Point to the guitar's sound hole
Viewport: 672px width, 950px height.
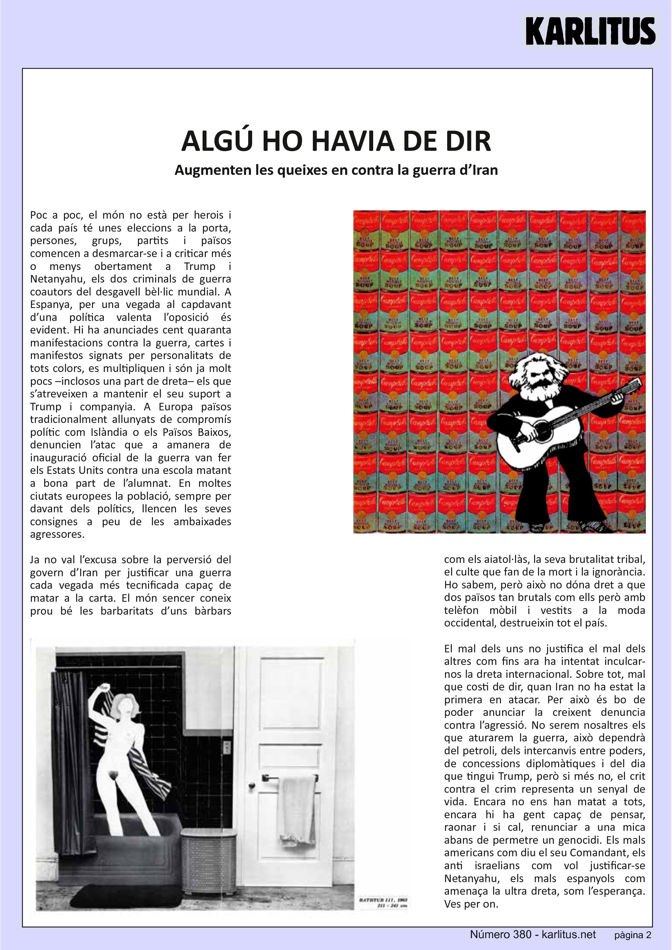tap(542, 431)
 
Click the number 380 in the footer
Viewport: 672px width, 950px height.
tap(522, 934)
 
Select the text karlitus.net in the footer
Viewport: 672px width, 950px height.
tap(569, 934)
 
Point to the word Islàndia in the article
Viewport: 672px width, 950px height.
tap(109, 432)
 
